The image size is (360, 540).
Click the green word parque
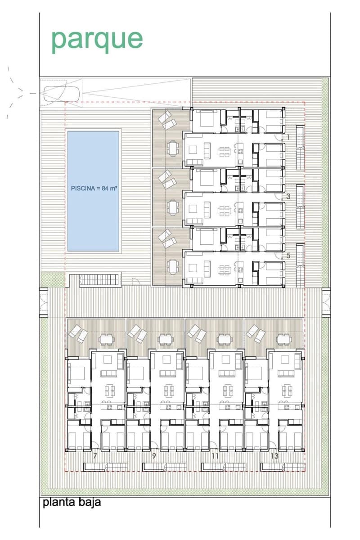tap(97, 40)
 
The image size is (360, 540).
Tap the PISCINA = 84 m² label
tap(94, 188)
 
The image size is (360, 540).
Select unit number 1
tap(288, 137)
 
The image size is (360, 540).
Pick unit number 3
tap(288, 197)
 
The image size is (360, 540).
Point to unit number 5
tap(288, 256)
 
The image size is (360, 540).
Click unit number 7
tap(95, 456)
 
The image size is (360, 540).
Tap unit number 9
tap(154, 456)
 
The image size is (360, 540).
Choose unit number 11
tap(215, 456)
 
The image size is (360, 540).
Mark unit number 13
tap(274, 456)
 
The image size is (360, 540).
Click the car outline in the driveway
tap(62, 93)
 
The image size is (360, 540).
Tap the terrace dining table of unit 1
tap(173, 148)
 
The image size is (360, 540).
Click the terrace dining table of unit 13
tap(284, 340)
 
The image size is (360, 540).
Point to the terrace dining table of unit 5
tap(173, 266)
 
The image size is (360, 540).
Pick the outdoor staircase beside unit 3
tap(300, 207)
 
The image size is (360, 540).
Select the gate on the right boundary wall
tap(326, 302)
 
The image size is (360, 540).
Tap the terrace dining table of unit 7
tap(106, 340)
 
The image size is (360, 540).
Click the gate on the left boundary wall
tap(44, 302)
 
